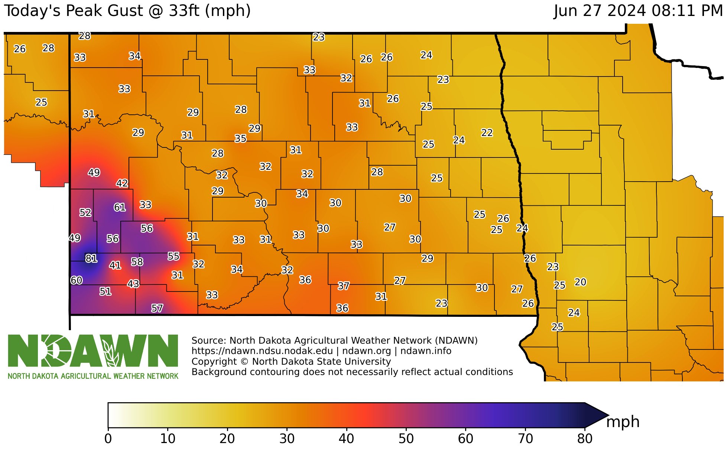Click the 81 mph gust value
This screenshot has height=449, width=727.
pos(91,258)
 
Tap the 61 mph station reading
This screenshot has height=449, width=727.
pos(120,207)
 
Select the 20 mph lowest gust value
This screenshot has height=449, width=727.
pos(580,282)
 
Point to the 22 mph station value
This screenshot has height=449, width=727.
pos(487,133)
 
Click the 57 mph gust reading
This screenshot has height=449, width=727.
pos(157,308)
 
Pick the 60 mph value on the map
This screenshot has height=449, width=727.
pos(77,280)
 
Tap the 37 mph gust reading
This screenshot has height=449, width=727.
pos(344,286)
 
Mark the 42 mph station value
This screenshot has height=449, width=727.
pos(122,183)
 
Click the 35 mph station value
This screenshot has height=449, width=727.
pos(240,139)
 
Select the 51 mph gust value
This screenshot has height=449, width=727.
pos(106,291)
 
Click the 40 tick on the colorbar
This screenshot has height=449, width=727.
pos(346,439)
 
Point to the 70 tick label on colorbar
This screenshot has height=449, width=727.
pos(525,439)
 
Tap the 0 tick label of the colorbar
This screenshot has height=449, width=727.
pos(108,439)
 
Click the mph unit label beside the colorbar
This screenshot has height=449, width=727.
pos(623,422)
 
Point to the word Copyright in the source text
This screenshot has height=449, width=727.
pos(214,362)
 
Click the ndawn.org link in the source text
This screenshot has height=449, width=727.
pos(366,351)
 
